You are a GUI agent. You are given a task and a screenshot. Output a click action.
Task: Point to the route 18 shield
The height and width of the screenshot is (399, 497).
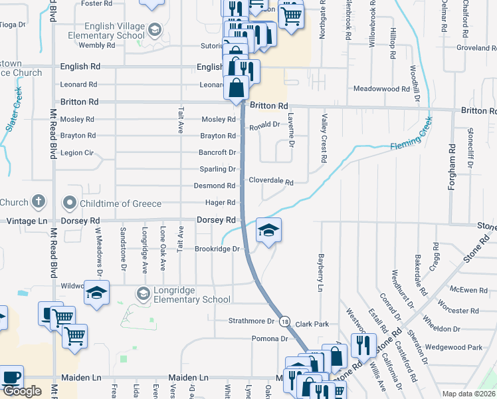pyautogui.click(x=284, y=321)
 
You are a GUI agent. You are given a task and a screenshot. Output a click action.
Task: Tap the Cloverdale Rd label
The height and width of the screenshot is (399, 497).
pyautogui.click(x=271, y=181)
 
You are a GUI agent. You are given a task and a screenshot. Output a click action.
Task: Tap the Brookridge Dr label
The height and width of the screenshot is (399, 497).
pyautogui.click(x=217, y=249)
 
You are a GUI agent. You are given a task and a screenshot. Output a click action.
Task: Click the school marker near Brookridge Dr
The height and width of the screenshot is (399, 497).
pyautogui.click(x=268, y=231)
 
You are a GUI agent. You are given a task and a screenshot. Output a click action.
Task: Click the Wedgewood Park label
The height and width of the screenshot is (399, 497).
pyautogui.click(x=454, y=347)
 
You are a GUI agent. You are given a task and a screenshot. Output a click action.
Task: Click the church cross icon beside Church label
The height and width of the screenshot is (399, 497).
pyautogui.click(x=39, y=202)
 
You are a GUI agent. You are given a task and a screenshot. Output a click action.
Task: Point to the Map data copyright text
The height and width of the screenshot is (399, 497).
pyautogui.click(x=469, y=394)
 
